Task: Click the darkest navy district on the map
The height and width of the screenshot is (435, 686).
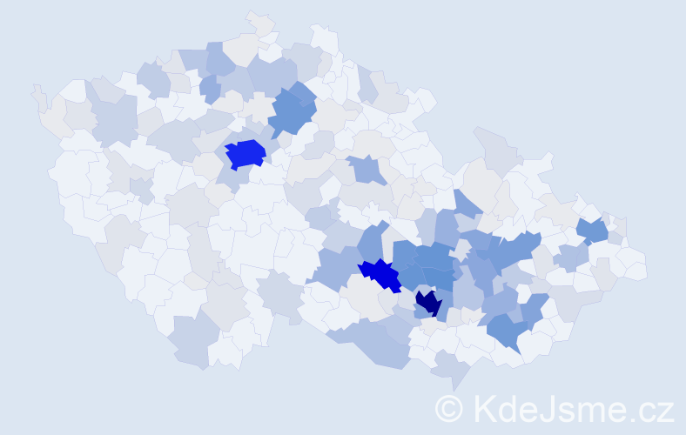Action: [427, 304]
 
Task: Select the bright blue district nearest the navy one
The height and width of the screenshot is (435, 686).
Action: [380, 274]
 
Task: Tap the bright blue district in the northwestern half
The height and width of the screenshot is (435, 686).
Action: [245, 154]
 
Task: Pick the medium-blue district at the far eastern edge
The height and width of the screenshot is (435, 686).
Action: [593, 230]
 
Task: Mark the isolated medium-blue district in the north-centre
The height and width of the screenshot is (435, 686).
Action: [369, 170]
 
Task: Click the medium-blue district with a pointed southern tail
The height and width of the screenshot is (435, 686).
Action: [507, 331]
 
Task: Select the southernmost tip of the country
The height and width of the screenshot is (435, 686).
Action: [454, 389]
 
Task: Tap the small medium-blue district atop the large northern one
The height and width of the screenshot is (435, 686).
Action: [302, 90]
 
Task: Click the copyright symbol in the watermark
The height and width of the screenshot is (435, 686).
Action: [450, 409]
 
